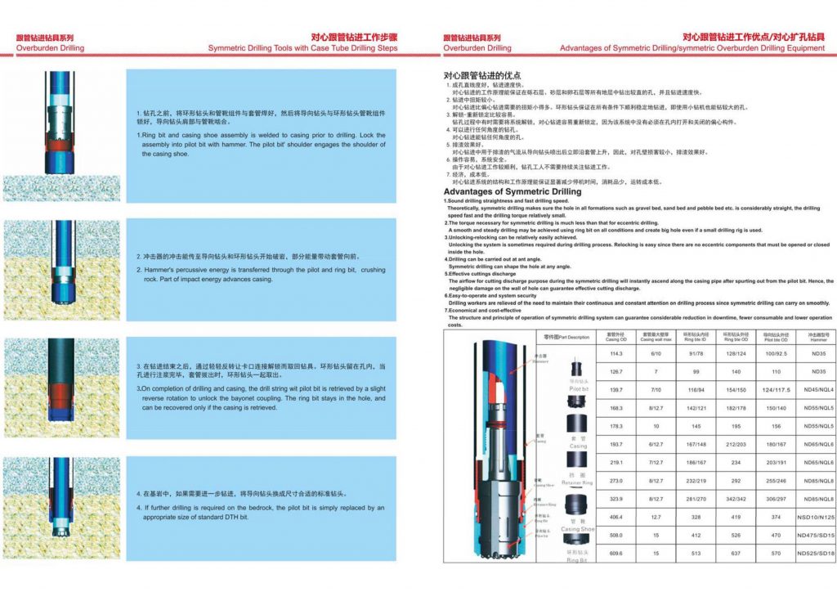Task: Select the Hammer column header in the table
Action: (818, 337)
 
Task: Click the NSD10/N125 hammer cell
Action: (818, 518)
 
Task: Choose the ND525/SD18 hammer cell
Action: (818, 554)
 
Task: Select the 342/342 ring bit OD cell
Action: (736, 499)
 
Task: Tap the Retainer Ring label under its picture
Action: (577, 477)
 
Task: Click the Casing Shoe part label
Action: (577, 527)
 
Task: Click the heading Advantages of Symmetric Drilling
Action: (512, 191)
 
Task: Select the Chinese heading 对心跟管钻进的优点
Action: (477, 75)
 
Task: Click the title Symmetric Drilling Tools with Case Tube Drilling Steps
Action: (302, 48)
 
